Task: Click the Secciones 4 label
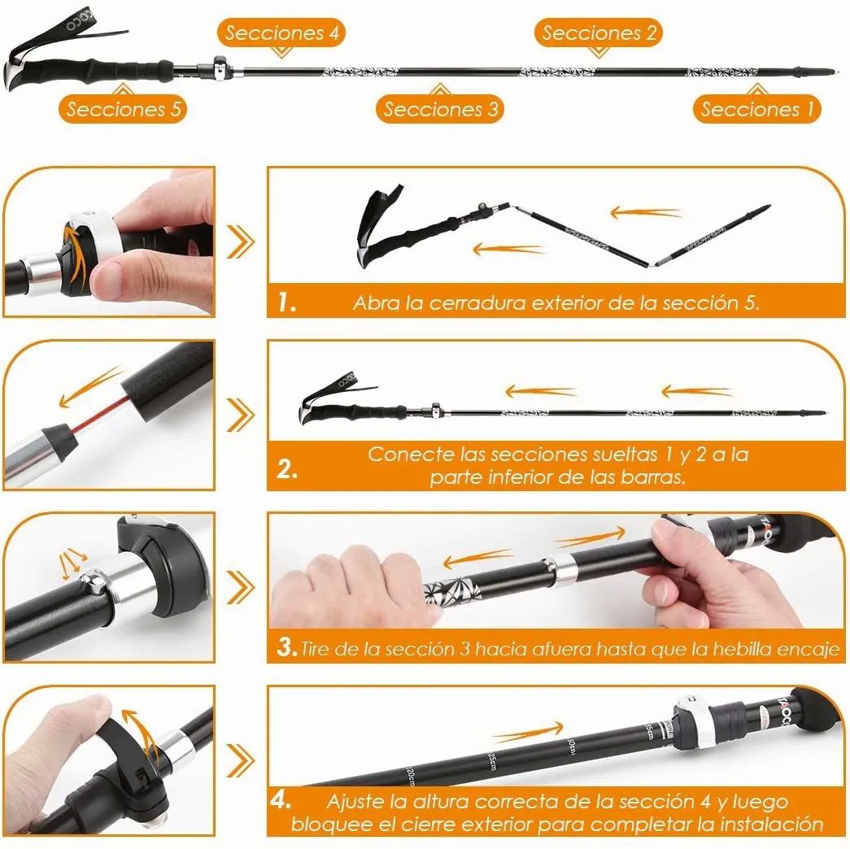pyautogui.click(x=281, y=33)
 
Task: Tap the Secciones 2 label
pyautogui.click(x=598, y=33)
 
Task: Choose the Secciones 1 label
pyautogui.click(x=756, y=109)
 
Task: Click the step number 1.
pyautogui.click(x=286, y=303)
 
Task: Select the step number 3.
pyautogui.click(x=286, y=648)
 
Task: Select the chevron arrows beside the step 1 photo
pyautogui.click(x=240, y=241)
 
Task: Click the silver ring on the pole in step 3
pyautogui.click(x=557, y=572)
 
